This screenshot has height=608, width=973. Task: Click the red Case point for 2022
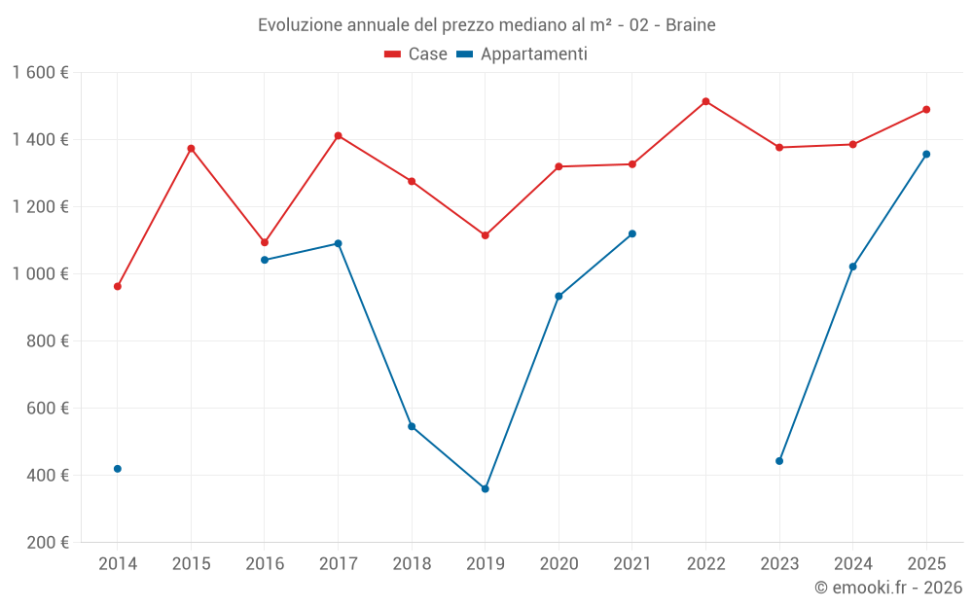(x=705, y=101)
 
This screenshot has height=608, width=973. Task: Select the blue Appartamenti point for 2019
(x=485, y=488)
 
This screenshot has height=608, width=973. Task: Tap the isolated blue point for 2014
(x=118, y=469)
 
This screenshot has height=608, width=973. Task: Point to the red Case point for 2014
(x=118, y=286)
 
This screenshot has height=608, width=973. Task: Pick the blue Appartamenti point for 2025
(x=926, y=154)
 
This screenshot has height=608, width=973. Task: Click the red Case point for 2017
(x=338, y=135)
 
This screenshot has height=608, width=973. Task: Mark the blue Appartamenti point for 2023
(x=779, y=461)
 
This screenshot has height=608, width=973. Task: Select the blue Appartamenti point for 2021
(x=631, y=233)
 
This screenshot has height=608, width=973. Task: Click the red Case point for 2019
(x=485, y=235)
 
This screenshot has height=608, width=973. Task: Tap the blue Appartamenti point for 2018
(x=412, y=426)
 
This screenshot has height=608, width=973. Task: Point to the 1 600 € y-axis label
(x=40, y=73)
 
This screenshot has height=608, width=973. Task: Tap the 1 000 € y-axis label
(x=40, y=274)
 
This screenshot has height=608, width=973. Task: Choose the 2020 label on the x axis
(x=559, y=564)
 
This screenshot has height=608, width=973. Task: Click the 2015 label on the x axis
(x=191, y=564)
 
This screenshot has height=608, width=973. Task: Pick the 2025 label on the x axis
(x=926, y=564)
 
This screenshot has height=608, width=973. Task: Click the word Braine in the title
(x=691, y=25)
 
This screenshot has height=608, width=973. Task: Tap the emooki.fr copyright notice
(x=887, y=588)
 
